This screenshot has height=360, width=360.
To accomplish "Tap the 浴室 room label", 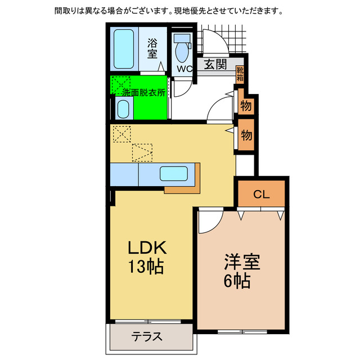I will tap(152, 48).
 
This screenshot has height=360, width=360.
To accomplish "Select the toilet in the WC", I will tap(182, 49).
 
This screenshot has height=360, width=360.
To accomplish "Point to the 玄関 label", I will tap(215, 65).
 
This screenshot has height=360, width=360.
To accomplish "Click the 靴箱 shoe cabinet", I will tap(240, 74).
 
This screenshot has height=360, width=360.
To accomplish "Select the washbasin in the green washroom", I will tap(123, 108).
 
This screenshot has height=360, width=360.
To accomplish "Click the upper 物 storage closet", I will tap(246, 105).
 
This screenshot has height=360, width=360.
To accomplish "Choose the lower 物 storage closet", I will tap(246, 134).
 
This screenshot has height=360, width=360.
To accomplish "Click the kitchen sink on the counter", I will tap(174, 174).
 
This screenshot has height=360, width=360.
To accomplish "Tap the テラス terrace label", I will tap(147, 337).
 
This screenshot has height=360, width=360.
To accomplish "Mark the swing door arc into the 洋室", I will tap(209, 221).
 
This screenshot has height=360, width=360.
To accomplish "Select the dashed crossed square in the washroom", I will tap(120, 84).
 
